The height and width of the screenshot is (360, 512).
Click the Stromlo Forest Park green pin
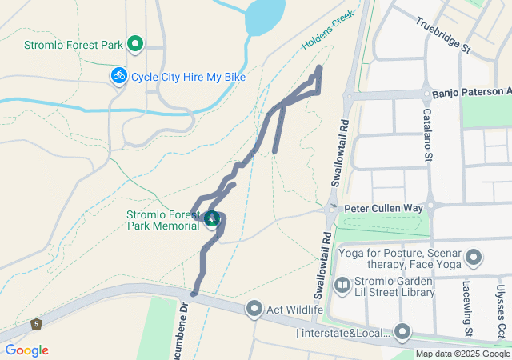pyautogui.click(x=135, y=44)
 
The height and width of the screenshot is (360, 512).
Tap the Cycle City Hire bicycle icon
pyautogui.click(x=119, y=76)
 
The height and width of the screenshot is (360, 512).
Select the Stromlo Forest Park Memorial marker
pyautogui.click(x=212, y=218)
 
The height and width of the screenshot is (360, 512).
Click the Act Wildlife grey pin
pyautogui.click(x=255, y=309)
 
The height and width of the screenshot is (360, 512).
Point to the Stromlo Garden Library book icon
pyautogui.click(x=342, y=285)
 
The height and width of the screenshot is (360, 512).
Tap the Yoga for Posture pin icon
pyautogui.click(x=474, y=258)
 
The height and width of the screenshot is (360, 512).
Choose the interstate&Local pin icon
pyautogui.click(x=402, y=332)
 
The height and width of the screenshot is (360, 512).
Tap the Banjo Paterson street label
pyautogui.click(x=470, y=94)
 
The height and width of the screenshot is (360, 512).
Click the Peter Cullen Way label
pyautogui.click(x=383, y=208)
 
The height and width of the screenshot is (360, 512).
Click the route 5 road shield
pyautogui.click(x=36, y=324)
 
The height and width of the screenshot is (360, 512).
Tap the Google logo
pyautogui.click(x=26, y=350)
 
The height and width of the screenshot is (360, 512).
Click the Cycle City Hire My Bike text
pyautogui.click(x=188, y=77)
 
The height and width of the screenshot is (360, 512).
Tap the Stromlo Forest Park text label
pyautogui.click(x=73, y=45)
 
